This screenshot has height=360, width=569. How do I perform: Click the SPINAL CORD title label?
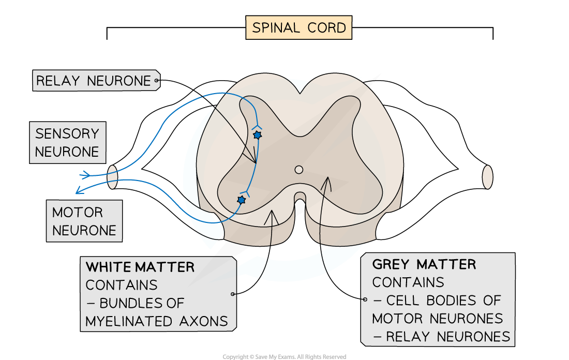point(299,27)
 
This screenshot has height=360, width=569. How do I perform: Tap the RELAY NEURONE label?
point(94,81)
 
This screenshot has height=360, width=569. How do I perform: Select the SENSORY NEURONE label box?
point(67,143)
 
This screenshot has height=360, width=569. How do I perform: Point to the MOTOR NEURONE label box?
point(84,221)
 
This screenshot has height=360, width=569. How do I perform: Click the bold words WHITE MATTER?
point(140,267)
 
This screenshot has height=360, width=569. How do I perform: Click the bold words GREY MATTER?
point(424,264)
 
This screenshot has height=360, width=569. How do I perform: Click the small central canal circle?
point(298,170)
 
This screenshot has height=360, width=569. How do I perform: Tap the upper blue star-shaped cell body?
point(257,135)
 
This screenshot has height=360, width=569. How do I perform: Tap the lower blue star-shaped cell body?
point(241,200)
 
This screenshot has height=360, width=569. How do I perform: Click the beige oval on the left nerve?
point(112,177)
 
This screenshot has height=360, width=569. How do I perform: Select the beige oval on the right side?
point(487,177)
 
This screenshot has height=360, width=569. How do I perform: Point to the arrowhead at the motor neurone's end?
point(78,191)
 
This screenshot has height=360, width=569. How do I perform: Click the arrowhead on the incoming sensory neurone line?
point(85,175)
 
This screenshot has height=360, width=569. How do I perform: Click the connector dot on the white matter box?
point(233,294)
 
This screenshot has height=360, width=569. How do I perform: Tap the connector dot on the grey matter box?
point(365,299)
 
